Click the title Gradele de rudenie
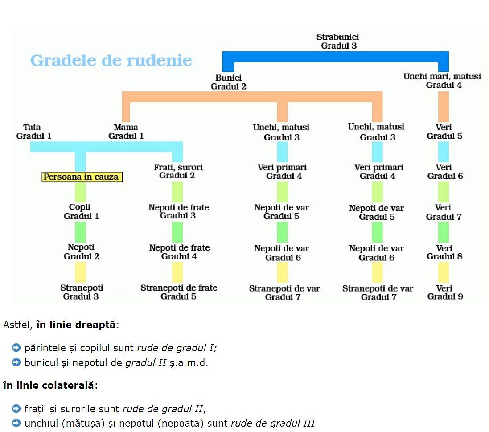pos(111,60)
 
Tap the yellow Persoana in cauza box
pos(81,177)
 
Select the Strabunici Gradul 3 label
pos(338,41)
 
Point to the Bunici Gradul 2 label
pos(228,82)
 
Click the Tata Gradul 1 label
pos(33,132)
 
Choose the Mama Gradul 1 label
pos(126,132)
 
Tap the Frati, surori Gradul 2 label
pos(178,172)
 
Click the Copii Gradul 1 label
pos(81,212)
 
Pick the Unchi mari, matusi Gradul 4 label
pos(442,81)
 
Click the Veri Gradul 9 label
pos(444,292)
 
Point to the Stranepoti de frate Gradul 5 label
pos(178,292)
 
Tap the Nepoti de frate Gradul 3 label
pos(178,212)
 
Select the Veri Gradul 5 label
pos(444,132)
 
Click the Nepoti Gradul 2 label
pos(81,252)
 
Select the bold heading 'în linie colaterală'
pos(48,385)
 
